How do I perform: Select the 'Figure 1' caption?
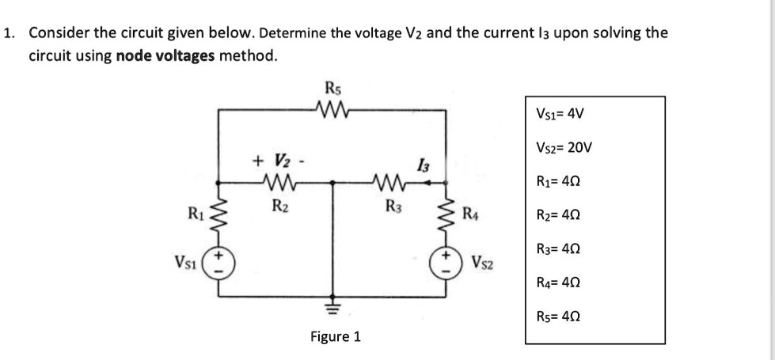click(335, 337)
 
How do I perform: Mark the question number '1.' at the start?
click(9, 33)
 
